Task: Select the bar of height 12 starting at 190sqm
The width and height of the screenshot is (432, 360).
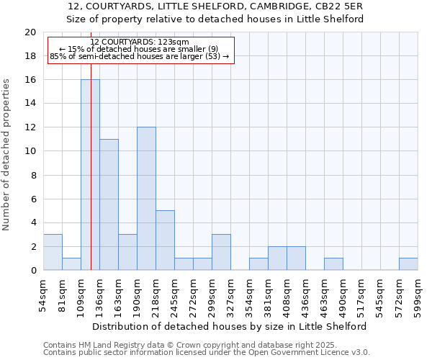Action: click(x=146, y=199)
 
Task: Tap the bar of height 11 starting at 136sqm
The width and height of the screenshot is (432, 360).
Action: click(x=109, y=204)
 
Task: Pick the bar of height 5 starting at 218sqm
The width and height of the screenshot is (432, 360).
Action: click(x=165, y=240)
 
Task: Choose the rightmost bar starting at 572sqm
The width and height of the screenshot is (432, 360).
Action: click(x=408, y=264)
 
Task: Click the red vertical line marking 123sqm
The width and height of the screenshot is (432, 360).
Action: click(x=91, y=144)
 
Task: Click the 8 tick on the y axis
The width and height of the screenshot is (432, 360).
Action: click(x=33, y=175)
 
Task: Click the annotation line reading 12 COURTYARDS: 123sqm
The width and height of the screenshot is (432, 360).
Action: click(x=140, y=42)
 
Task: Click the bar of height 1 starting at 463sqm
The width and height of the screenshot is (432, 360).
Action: click(x=333, y=264)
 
